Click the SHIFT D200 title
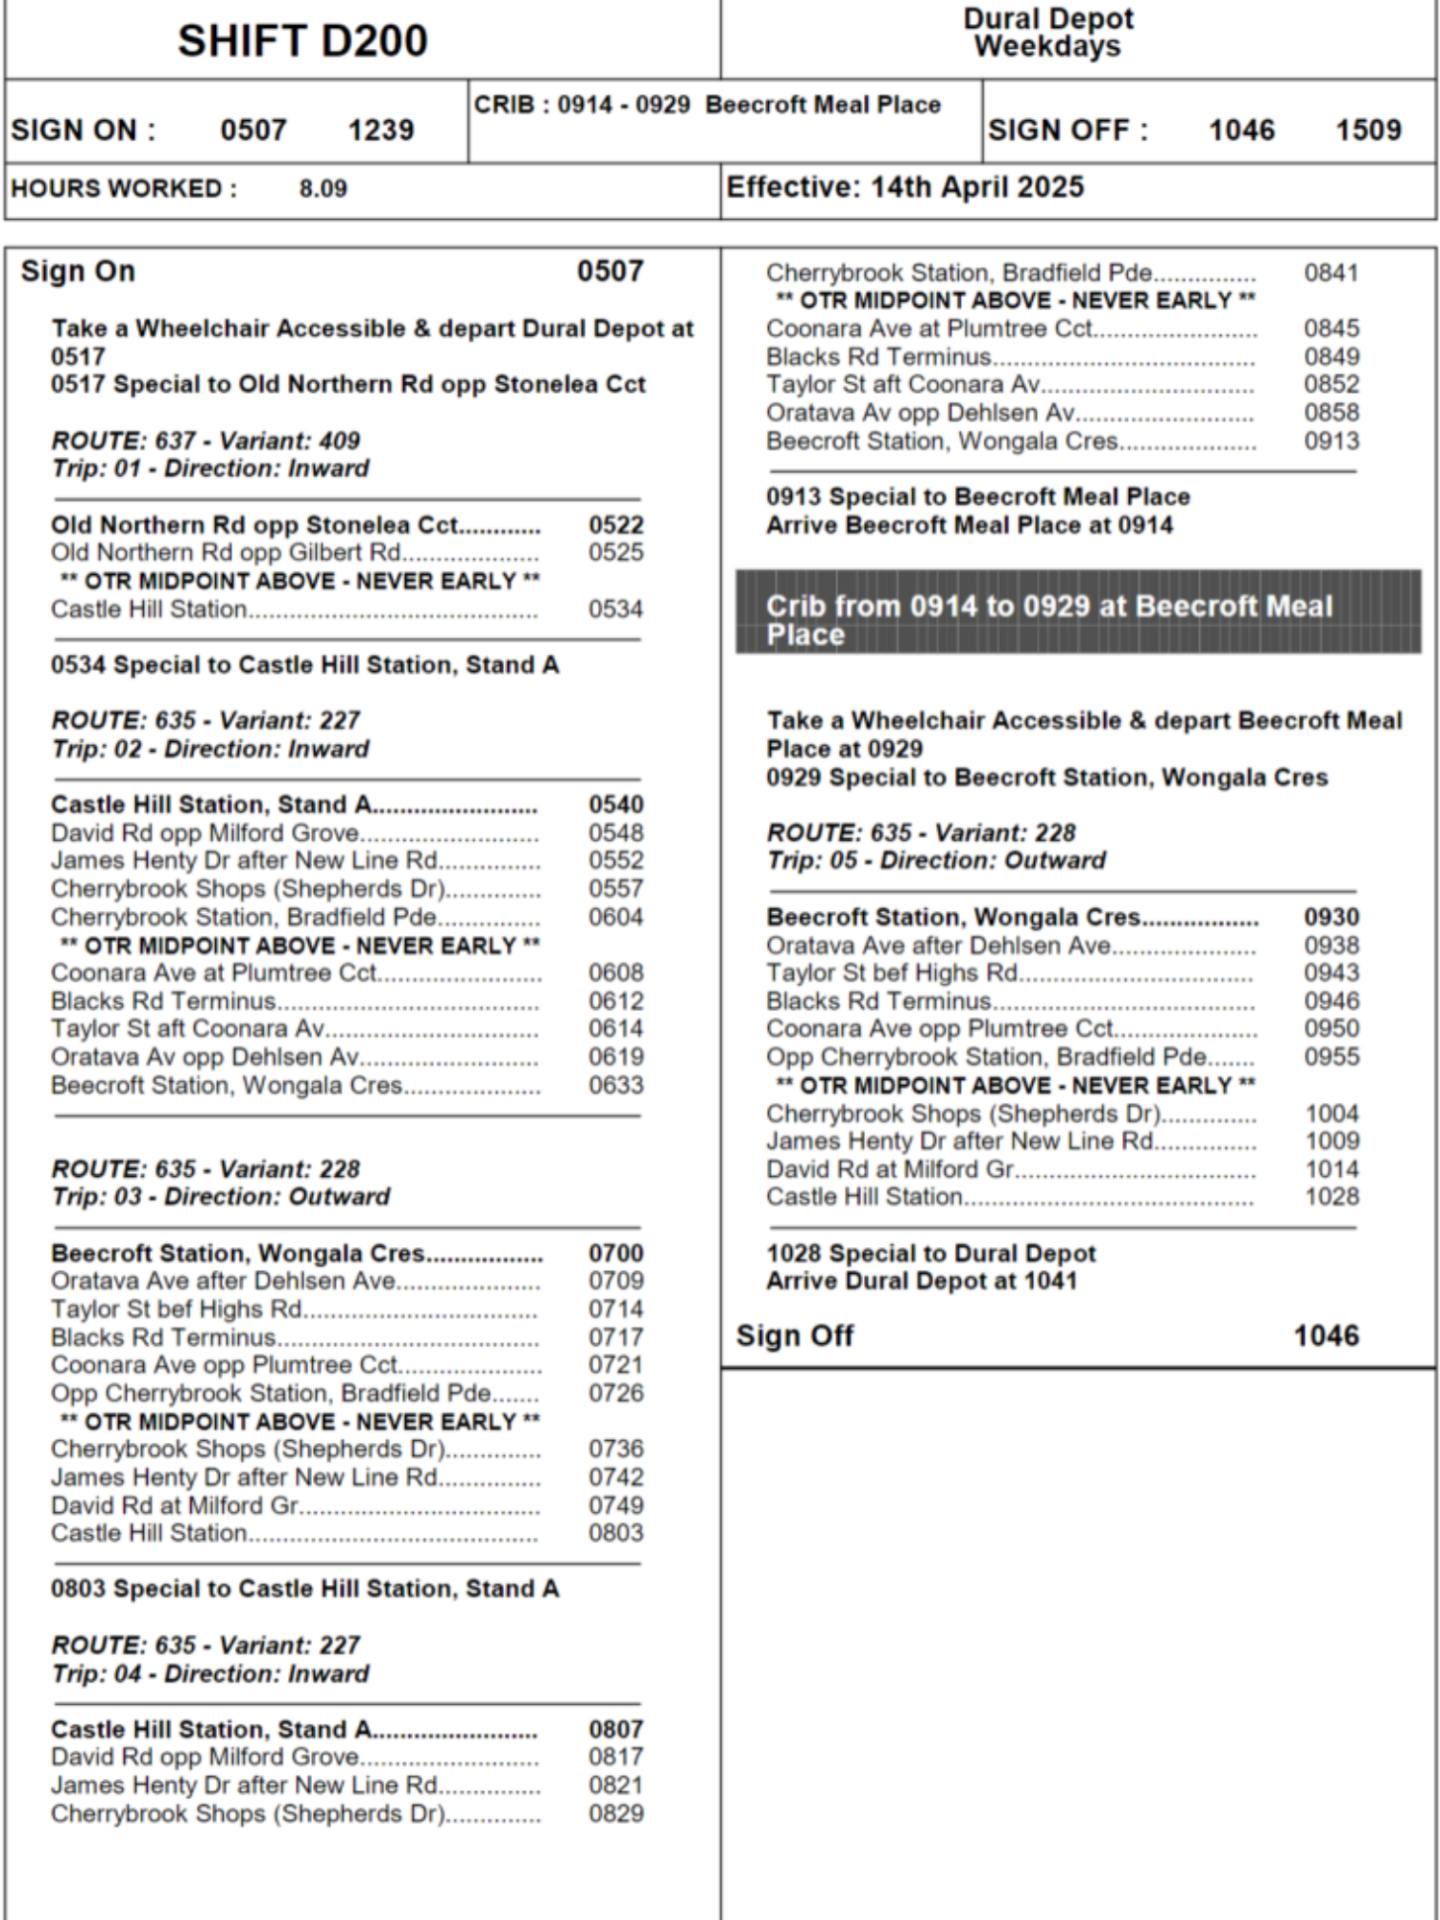click(x=302, y=41)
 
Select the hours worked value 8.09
click(x=323, y=188)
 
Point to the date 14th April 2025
click(x=976, y=187)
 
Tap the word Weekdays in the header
click(x=1047, y=46)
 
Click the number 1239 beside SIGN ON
click(x=380, y=130)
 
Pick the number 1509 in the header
click(x=1368, y=130)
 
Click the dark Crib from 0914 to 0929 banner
click(x=1078, y=612)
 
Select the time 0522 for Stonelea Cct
click(x=615, y=524)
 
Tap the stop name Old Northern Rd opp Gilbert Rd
click(x=226, y=552)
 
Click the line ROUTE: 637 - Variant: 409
click(x=205, y=441)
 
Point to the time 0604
click(x=615, y=917)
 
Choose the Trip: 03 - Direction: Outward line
click(x=220, y=1196)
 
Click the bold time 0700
click(x=615, y=1253)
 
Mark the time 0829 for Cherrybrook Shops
click(x=615, y=1813)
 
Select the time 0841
click(x=1331, y=273)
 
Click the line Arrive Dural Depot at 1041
click(x=922, y=1281)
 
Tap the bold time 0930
click(x=1331, y=917)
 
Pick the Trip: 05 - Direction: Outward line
click(x=936, y=860)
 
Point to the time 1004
click(x=1331, y=1114)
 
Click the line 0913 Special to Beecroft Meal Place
click(x=977, y=496)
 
